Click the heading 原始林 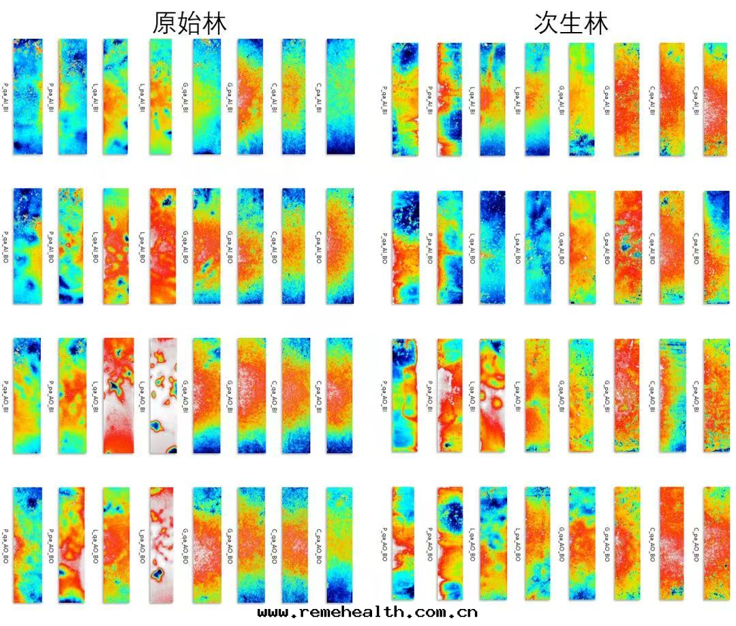[189, 24]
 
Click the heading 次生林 [571, 24]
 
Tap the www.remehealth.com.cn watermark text [367, 612]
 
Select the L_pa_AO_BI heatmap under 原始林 [163, 395]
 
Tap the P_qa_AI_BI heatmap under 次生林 [405, 99]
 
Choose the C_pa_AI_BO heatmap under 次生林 [716, 247]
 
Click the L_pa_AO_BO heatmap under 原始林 [163, 545]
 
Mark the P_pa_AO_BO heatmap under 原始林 [72, 545]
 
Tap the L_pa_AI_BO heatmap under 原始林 [163, 246]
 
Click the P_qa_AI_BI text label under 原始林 [6, 96]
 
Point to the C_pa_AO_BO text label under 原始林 [318, 545]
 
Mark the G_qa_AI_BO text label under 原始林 [185, 246]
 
